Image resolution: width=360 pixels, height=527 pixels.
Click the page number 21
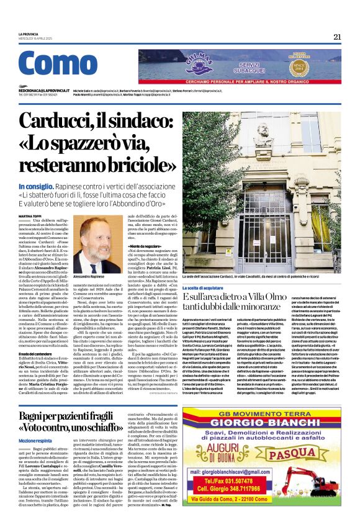tap(337, 37)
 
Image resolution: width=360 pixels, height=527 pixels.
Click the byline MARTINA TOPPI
tap(30, 216)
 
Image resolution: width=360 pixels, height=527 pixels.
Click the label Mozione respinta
tap(35, 440)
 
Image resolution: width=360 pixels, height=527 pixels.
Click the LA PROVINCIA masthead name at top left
tap(31, 34)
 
